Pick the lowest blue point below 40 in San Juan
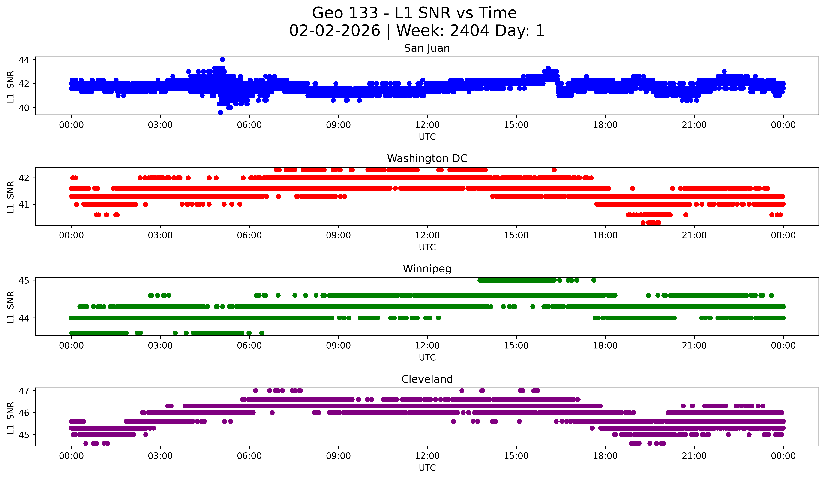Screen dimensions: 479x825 [220, 112]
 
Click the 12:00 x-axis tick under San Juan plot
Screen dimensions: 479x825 [427, 125]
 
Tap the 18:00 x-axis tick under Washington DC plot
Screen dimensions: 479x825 [605, 235]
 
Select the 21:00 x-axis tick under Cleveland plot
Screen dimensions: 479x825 [694, 456]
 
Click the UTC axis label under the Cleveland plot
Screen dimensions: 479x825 [427, 468]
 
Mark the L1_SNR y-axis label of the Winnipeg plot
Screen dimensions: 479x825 [10, 307]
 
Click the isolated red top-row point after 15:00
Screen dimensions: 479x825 [554, 170]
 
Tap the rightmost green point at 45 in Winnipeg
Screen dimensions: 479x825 [594, 280]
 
